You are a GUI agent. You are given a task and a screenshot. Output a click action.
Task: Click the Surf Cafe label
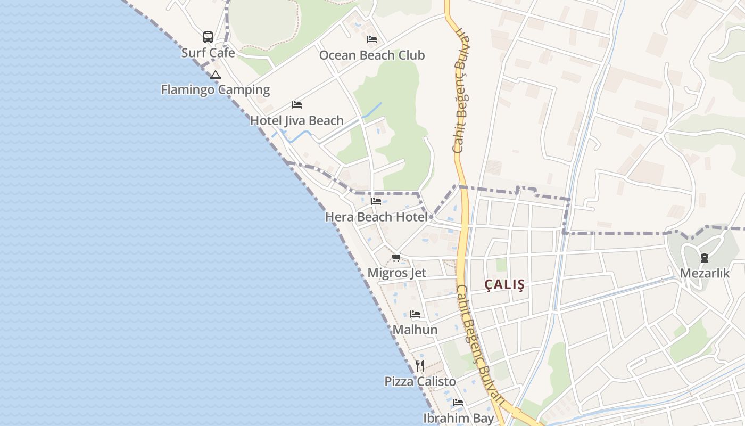[208, 53]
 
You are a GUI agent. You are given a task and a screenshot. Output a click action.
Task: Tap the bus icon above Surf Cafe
[208, 37]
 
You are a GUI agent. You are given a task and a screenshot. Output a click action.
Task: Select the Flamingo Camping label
[216, 89]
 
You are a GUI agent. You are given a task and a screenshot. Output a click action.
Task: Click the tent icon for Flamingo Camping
[215, 75]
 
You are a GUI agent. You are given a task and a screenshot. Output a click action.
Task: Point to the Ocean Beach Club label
[371, 55]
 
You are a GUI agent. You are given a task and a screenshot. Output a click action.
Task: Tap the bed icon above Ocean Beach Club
[372, 39]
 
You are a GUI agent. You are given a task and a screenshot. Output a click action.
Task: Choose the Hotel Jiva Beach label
[297, 120]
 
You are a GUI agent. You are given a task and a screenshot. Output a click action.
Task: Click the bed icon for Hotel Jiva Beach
[297, 105]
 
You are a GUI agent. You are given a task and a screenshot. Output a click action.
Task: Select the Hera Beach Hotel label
[376, 217]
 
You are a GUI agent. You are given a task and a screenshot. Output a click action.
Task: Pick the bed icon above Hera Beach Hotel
[376, 201]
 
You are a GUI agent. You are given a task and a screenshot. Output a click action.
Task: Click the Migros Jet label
[397, 273]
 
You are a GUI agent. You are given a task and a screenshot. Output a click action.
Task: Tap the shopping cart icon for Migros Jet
[396, 258]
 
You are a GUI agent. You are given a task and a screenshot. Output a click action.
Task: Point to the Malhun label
[415, 330]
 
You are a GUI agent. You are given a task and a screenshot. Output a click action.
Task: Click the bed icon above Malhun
[415, 314]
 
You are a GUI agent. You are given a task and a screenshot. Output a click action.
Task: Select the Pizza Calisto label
[420, 382]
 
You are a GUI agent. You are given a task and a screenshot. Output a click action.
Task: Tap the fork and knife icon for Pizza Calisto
[420, 366]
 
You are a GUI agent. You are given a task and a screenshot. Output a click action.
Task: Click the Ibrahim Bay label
[459, 418]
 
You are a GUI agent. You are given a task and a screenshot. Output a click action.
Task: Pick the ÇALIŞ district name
[504, 285]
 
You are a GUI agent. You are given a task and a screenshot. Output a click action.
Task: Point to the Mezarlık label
[705, 273]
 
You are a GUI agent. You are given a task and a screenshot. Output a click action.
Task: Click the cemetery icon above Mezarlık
[705, 258]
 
